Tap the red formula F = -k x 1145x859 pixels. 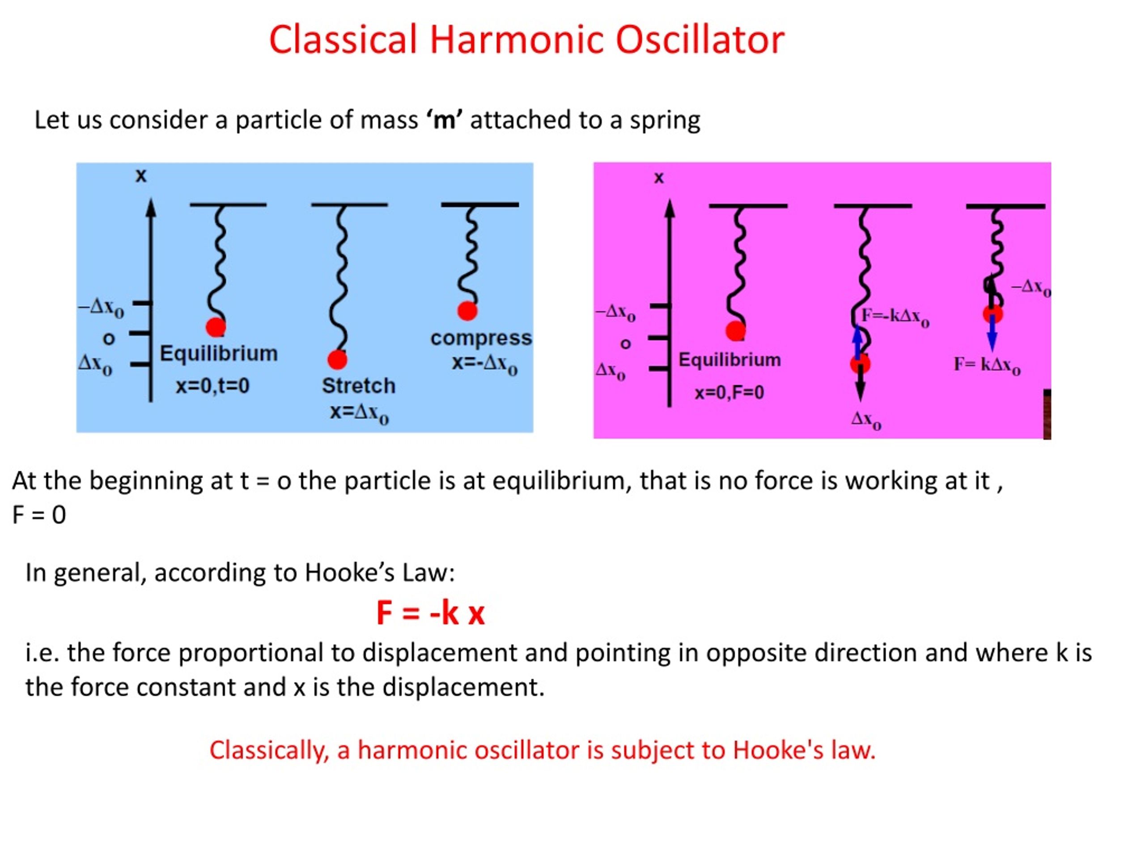click(x=430, y=613)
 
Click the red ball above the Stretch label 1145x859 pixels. click(x=338, y=359)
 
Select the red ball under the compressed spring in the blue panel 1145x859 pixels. click(x=467, y=310)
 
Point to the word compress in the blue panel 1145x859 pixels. click(x=481, y=338)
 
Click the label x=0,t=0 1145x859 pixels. click(x=213, y=386)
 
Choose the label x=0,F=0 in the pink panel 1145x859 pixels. click(x=729, y=392)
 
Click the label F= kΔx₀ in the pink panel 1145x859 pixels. click(x=987, y=365)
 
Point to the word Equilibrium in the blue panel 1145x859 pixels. click(x=218, y=353)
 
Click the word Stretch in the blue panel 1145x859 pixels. click(x=359, y=386)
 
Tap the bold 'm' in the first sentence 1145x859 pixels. click(x=444, y=120)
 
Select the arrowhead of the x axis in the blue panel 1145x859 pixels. click(x=151, y=208)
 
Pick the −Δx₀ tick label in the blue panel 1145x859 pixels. click(x=102, y=307)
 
